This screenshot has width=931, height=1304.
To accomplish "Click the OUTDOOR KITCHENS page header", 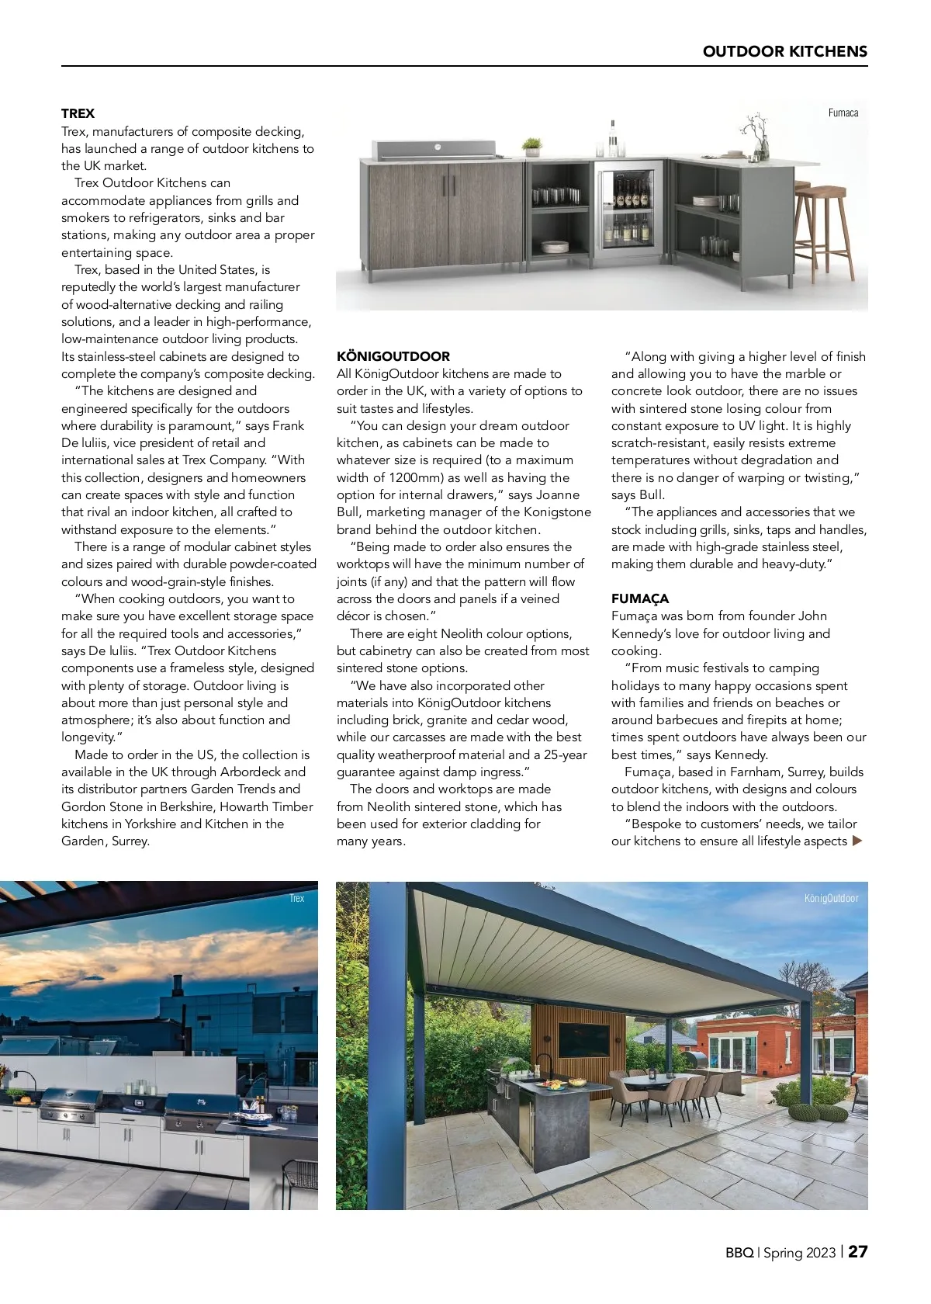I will pos(784,51).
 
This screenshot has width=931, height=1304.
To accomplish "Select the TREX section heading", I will pos(78,113).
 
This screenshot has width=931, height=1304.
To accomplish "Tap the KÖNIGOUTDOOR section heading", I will pos(393,356).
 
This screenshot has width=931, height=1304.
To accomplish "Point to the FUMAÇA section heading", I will pos(639,598).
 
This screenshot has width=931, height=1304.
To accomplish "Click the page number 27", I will pos(857,1251).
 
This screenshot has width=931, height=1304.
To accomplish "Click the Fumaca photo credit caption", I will pos(843,113).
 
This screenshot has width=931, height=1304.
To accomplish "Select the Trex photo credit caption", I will pos(296,898).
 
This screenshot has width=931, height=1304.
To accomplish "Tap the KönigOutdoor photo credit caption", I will pos(831,898).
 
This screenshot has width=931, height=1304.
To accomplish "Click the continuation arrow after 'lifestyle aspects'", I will pos(857,841).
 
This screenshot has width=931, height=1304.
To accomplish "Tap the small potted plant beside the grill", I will pos(531,147).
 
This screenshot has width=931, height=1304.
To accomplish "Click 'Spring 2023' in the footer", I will pos(799,1252).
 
